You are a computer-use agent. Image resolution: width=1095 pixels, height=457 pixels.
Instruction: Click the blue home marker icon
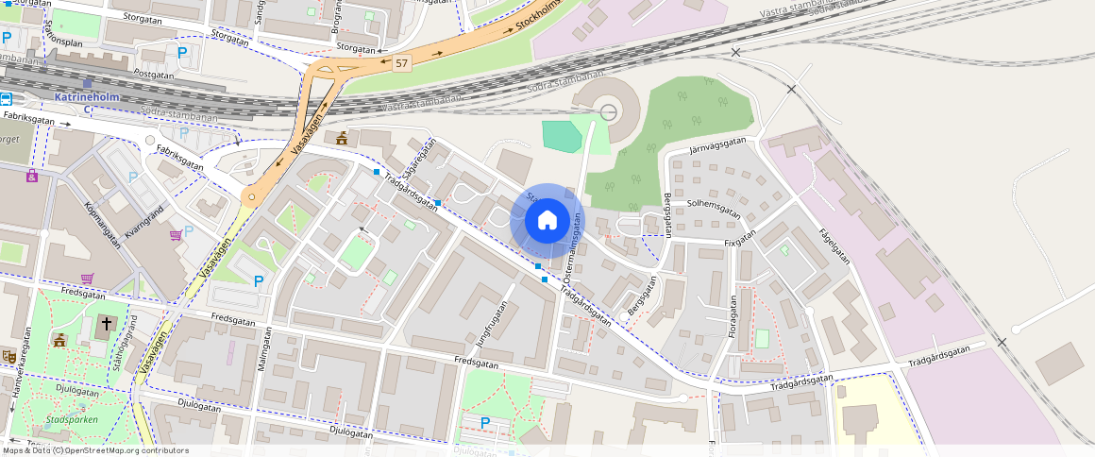point(547,221)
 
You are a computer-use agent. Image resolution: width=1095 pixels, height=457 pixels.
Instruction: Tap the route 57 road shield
point(402,63)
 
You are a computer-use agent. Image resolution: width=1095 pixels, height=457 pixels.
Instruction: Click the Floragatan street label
point(731,317)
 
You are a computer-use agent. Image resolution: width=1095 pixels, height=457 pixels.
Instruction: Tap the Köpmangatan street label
point(102,223)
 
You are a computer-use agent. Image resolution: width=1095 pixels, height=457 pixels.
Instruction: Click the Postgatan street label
point(154,73)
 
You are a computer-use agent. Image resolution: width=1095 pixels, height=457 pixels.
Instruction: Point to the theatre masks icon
point(8,356)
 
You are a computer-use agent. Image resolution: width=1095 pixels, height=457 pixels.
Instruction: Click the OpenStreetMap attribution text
point(94,450)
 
